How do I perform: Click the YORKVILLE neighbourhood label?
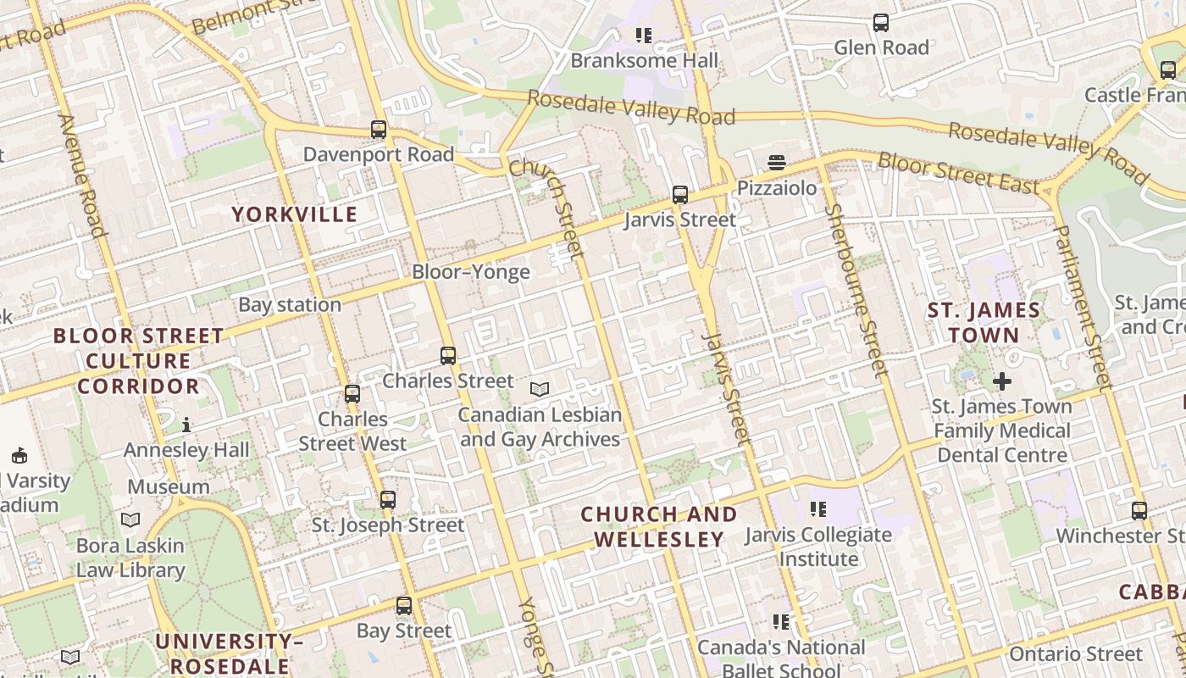[295, 214]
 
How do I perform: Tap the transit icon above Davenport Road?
[379, 130]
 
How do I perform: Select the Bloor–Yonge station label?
[471, 272]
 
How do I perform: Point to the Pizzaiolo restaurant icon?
[777, 163]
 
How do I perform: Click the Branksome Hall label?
[645, 61]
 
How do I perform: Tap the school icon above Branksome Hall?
[644, 36]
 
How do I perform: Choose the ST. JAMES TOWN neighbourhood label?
[984, 323]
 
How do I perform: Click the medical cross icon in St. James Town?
[1002, 381]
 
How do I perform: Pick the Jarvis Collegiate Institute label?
[818, 547]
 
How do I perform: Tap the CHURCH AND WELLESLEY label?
[659, 526]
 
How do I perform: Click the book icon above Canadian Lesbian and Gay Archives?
[540, 390]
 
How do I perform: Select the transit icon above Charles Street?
[448, 356]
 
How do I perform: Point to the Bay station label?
[290, 305]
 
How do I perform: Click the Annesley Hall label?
[186, 450]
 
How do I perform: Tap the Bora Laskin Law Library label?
[130, 558]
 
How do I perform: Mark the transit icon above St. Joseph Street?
[388, 500]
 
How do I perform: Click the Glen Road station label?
[882, 47]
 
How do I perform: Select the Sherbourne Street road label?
[855, 290]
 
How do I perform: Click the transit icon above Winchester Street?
[1139, 511]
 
